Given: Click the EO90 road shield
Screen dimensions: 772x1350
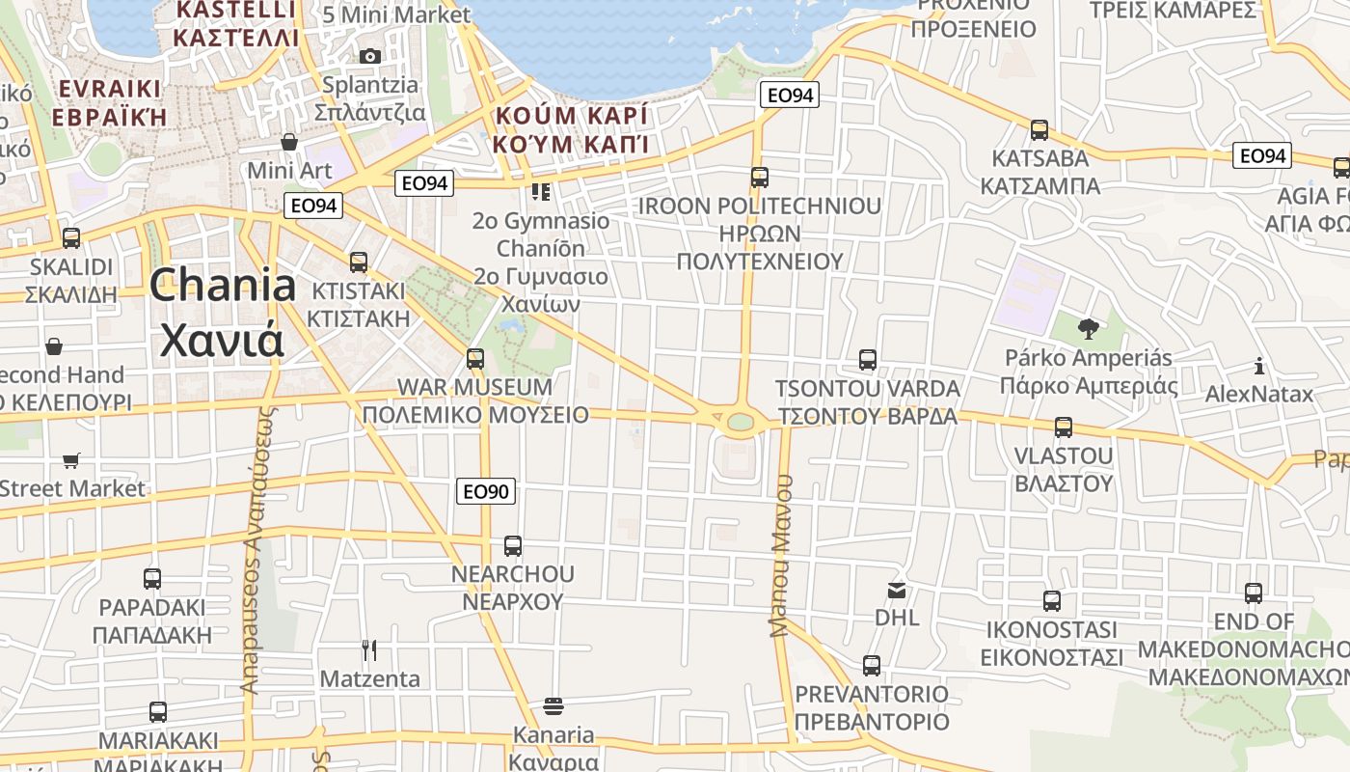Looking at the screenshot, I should (x=486, y=491).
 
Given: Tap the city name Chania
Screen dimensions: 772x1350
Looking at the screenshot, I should (x=223, y=286).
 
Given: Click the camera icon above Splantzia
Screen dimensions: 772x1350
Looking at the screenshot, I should (x=369, y=56).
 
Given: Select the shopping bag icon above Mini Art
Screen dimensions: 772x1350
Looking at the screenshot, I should (x=288, y=142).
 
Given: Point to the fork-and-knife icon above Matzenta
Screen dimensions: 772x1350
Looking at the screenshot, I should (x=369, y=649).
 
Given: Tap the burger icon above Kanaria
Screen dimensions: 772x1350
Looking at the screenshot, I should (x=553, y=706).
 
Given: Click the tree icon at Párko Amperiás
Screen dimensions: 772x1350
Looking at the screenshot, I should (x=1089, y=329).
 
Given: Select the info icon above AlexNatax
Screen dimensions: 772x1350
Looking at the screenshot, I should (x=1259, y=366).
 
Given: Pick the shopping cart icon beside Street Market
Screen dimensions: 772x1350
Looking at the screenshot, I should (x=70, y=460).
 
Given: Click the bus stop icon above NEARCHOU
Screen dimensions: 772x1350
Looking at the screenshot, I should (x=513, y=545).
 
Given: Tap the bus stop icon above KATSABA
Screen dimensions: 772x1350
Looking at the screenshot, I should (x=1039, y=129).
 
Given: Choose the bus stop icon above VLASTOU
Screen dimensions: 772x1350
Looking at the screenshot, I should (x=1064, y=427).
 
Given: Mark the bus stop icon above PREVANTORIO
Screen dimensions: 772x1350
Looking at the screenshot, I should (x=872, y=665).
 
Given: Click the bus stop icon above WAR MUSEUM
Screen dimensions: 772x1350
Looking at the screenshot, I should (x=475, y=359).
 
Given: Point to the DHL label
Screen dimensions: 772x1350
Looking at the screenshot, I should (x=897, y=617).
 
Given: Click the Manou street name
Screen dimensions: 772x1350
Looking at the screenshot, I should (x=781, y=554).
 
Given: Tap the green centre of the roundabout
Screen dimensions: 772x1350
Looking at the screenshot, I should (x=741, y=422).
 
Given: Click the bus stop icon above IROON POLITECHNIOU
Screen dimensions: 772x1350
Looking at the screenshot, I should (x=760, y=178).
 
